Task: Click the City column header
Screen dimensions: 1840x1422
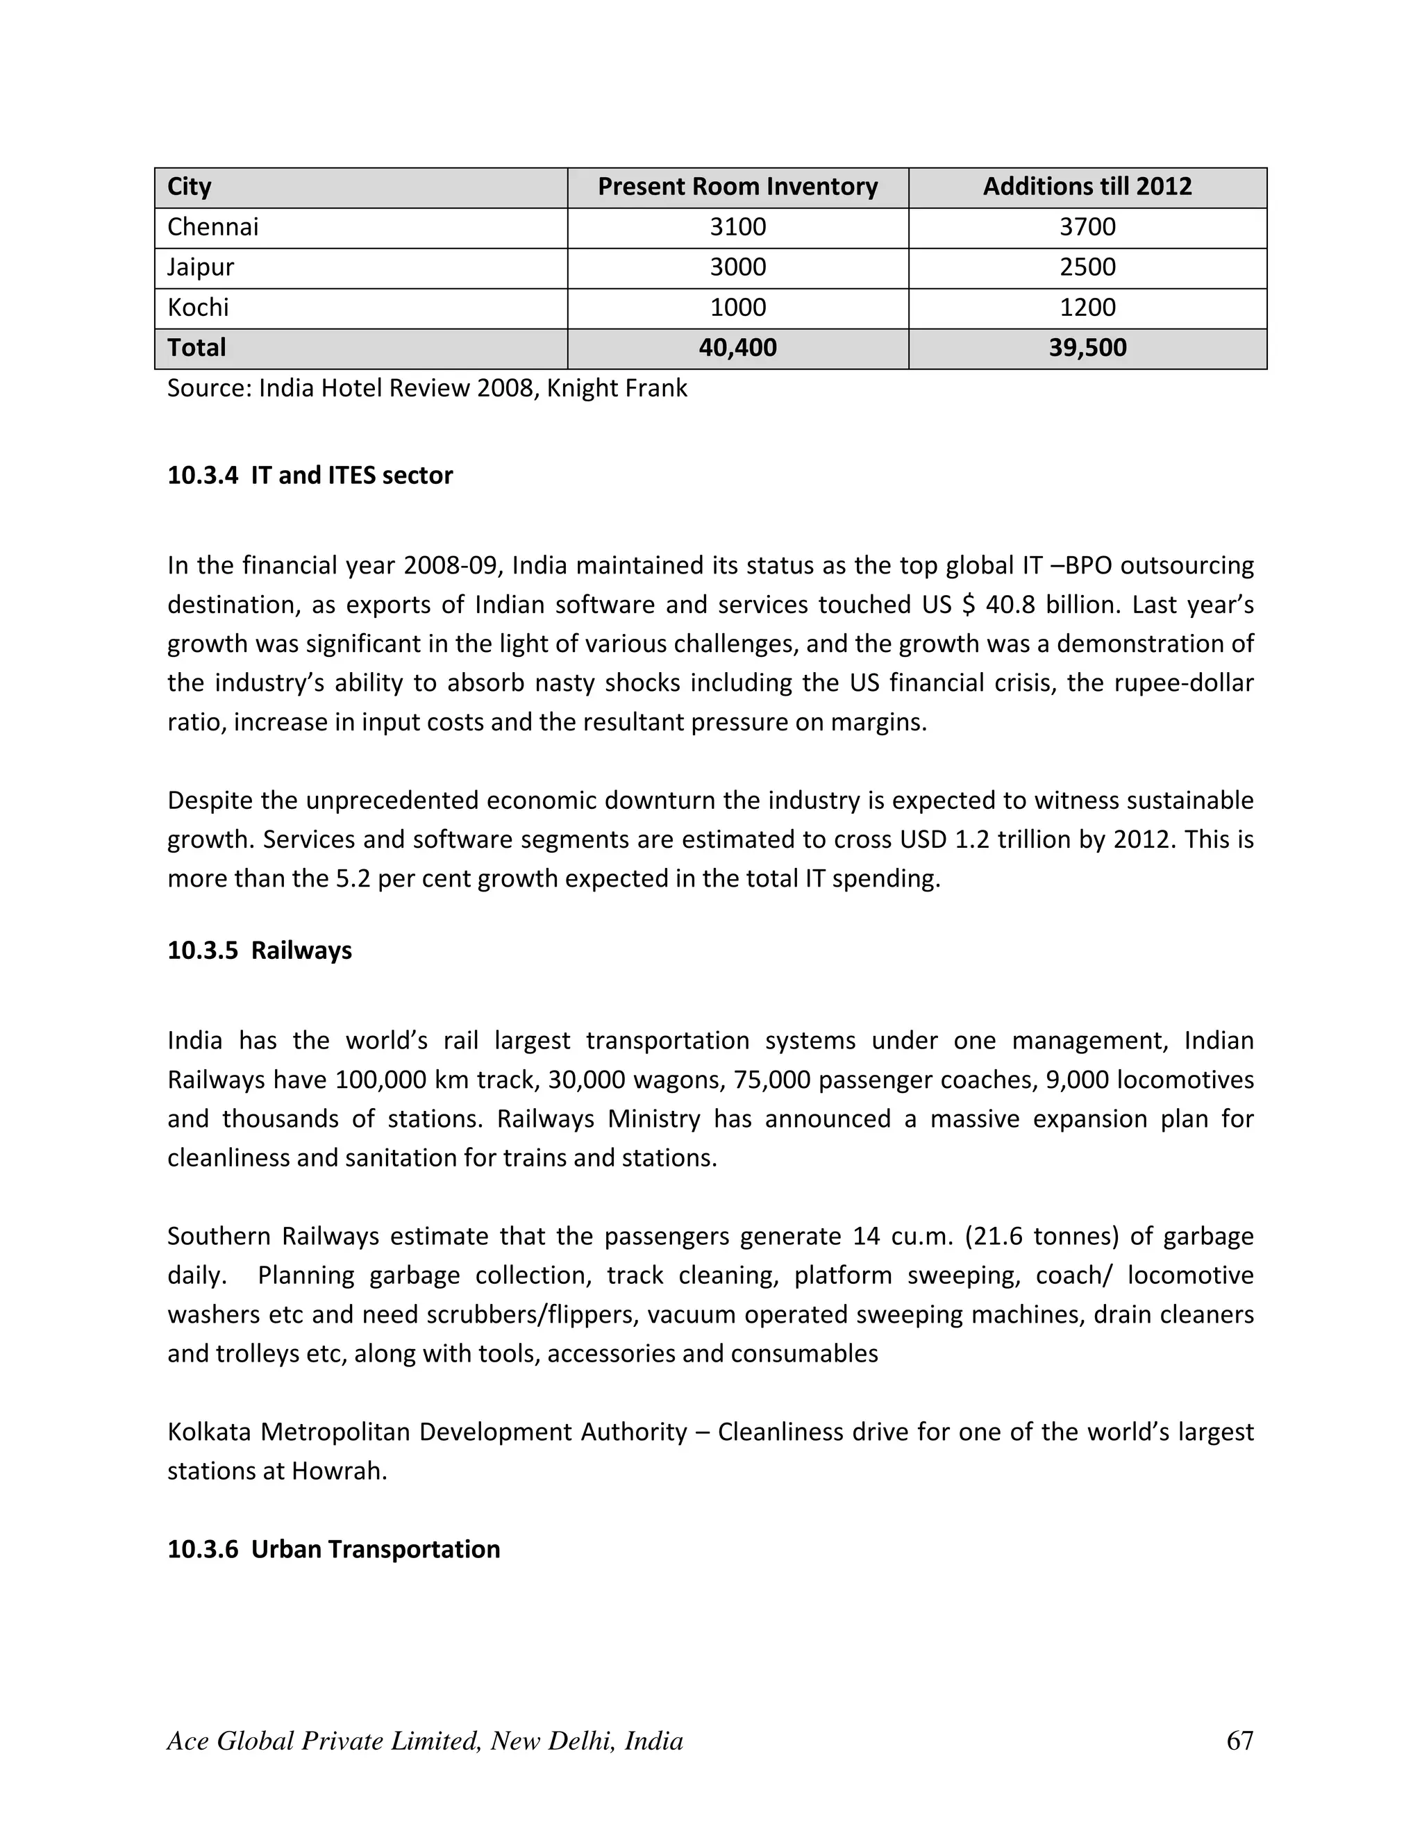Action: (190, 187)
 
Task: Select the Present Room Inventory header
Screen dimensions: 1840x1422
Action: (737, 187)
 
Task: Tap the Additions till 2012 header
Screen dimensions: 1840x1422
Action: (1087, 187)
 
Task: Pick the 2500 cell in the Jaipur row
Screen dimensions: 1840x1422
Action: (1087, 268)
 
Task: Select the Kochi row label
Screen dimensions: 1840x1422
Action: (198, 308)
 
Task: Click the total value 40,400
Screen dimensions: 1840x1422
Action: (737, 348)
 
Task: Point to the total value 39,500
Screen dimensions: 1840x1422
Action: (1087, 348)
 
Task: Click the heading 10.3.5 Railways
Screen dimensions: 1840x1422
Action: (260, 951)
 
